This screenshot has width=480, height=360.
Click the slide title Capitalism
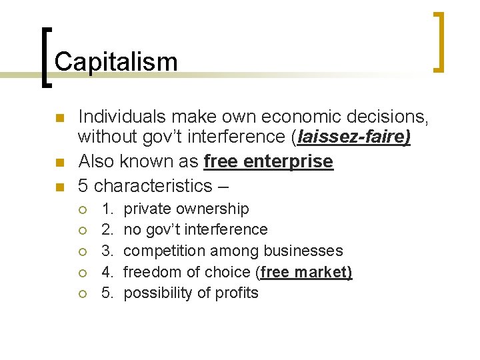tap(116, 62)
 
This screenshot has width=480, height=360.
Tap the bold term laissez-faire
tap(354, 138)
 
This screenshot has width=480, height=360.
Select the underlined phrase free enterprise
tap(268, 162)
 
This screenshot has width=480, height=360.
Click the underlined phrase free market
tap(307, 272)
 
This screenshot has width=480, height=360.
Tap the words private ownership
tap(187, 209)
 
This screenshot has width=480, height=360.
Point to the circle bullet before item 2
tap(82, 231)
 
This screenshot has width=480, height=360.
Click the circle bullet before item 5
tap(82, 294)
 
